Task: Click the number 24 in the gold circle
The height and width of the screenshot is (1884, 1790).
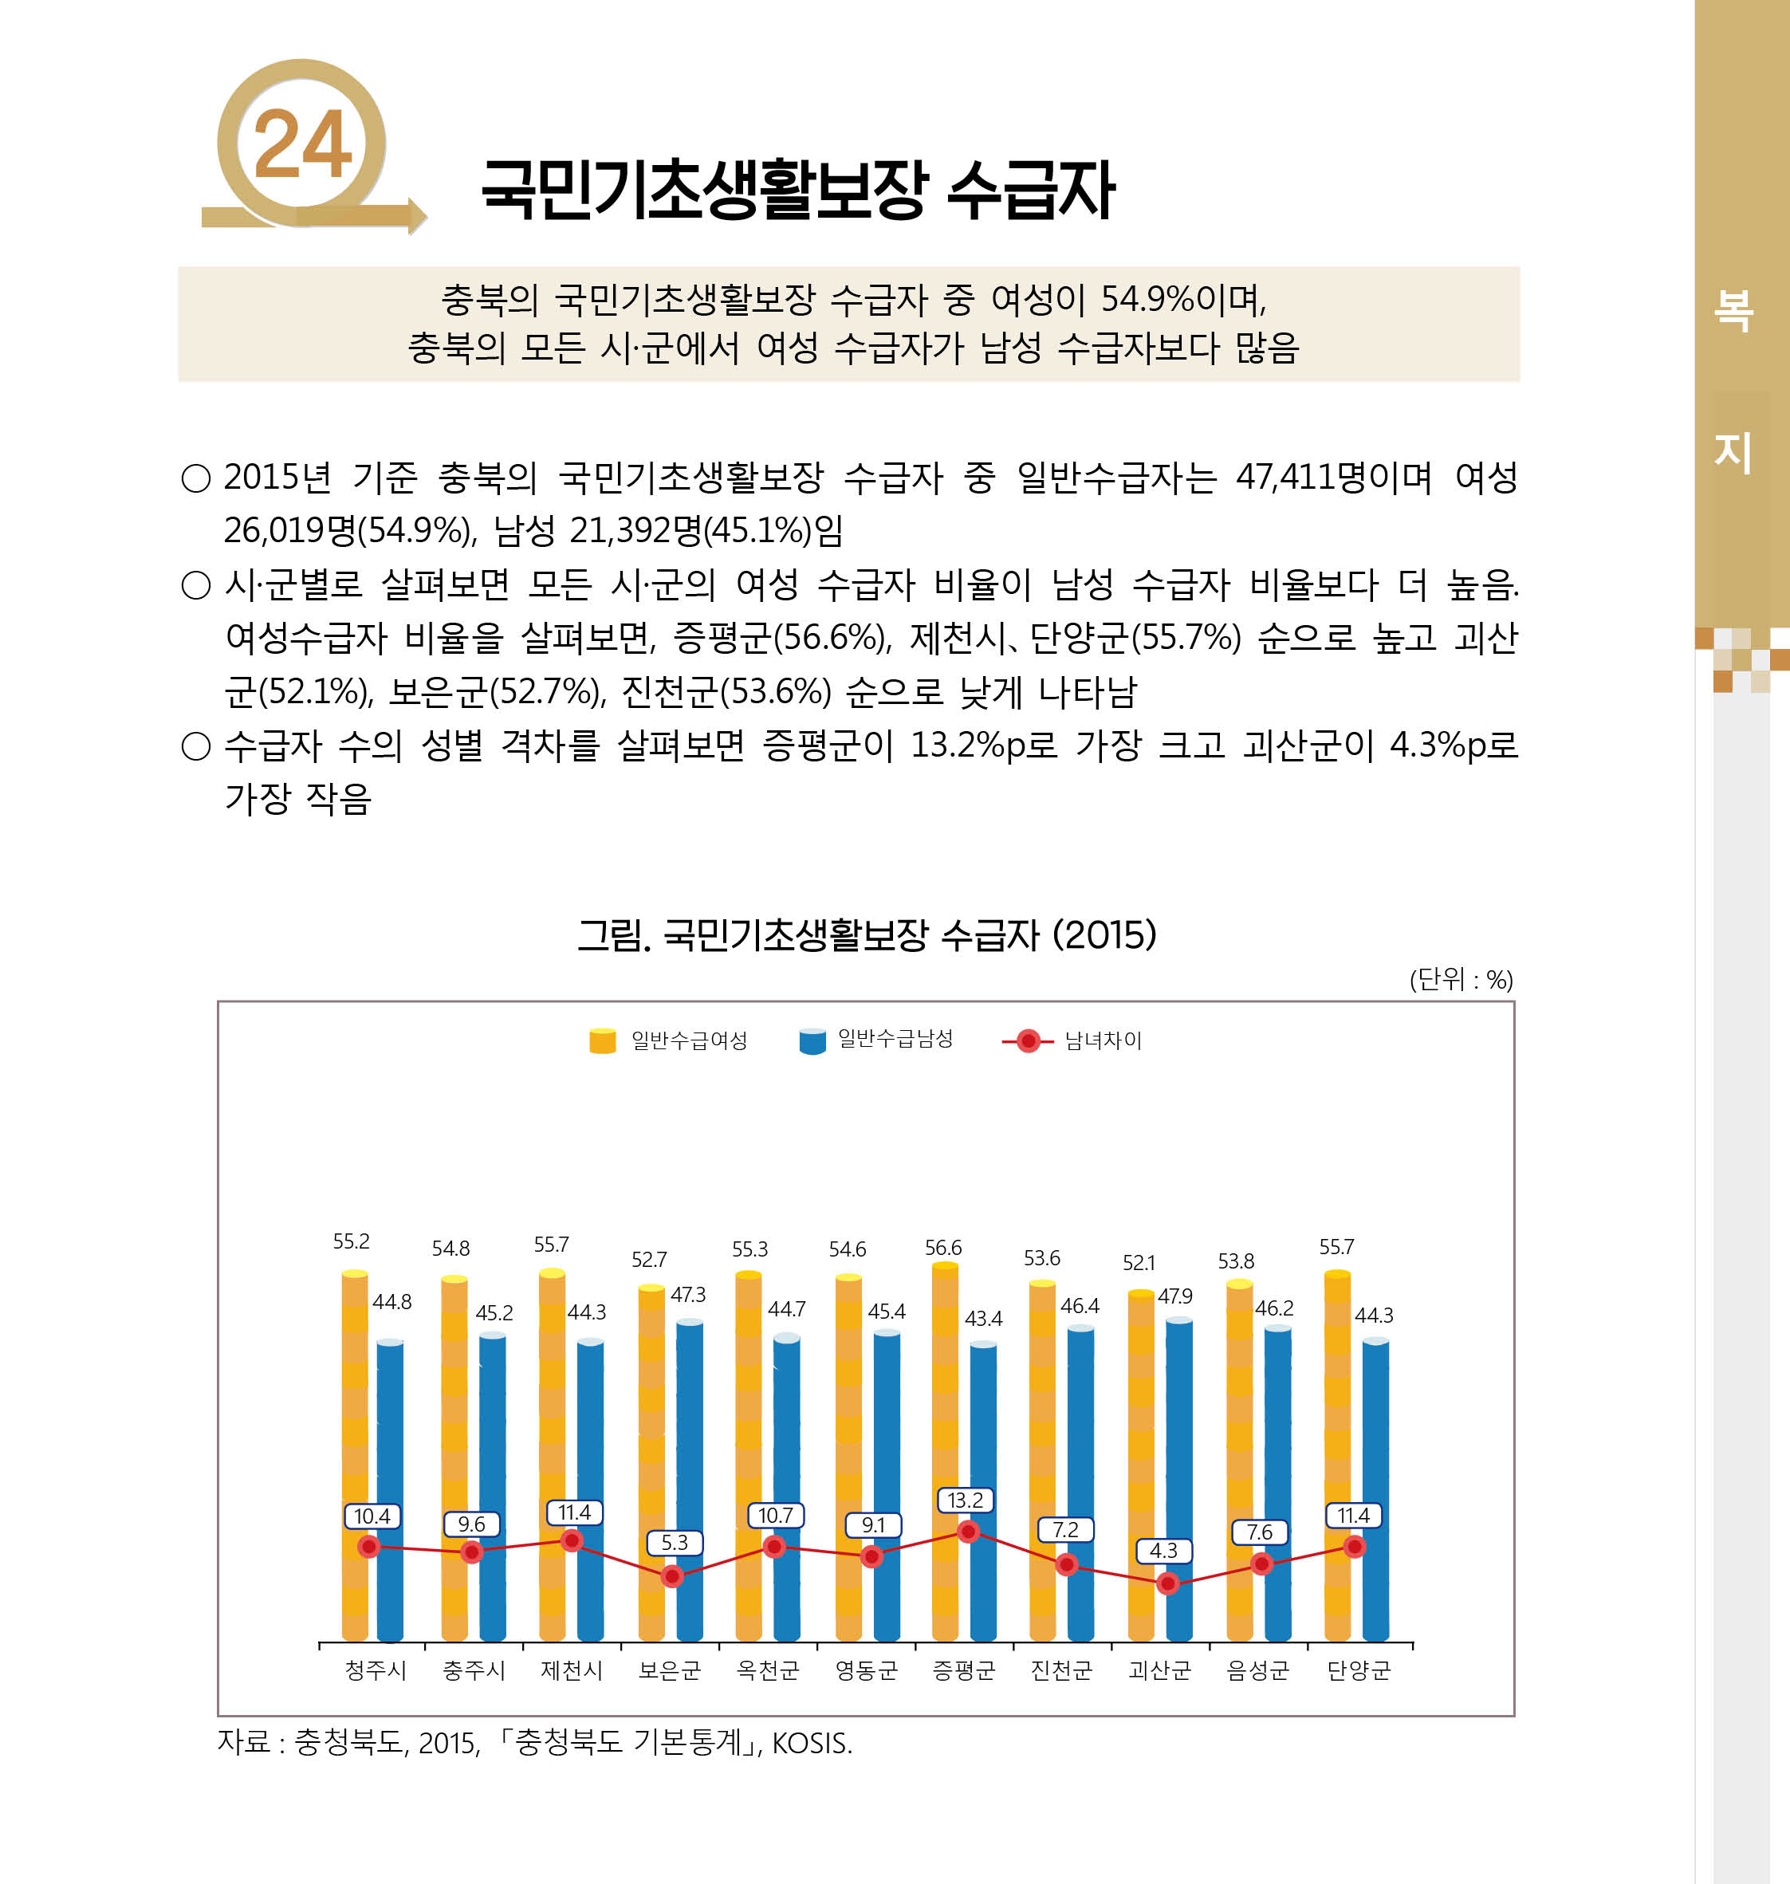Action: pyautogui.click(x=301, y=144)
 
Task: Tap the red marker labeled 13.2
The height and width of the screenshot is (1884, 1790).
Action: pyautogui.click(x=967, y=1531)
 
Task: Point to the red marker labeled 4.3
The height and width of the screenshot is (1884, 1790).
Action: pyautogui.click(x=1167, y=1583)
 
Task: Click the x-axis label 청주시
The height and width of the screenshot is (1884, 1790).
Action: pyautogui.click(x=375, y=1670)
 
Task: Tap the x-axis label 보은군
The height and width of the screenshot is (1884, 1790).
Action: pyautogui.click(x=669, y=1670)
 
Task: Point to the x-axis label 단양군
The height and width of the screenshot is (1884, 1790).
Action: pyautogui.click(x=1358, y=1670)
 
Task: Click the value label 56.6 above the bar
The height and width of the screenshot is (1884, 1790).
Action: pyautogui.click(x=942, y=1248)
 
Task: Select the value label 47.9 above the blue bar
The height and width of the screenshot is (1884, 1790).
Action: pyautogui.click(x=1174, y=1296)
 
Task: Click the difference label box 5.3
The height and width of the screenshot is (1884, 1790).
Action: pyautogui.click(x=674, y=1543)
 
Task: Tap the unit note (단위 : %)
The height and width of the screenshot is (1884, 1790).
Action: pyautogui.click(x=1460, y=979)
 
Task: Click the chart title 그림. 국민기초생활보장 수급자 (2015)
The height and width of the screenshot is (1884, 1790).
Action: pyautogui.click(x=867, y=935)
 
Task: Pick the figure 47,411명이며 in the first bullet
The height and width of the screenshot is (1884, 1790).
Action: pyautogui.click(x=1333, y=477)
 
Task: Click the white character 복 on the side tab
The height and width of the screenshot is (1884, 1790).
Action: pyautogui.click(x=1733, y=311)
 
